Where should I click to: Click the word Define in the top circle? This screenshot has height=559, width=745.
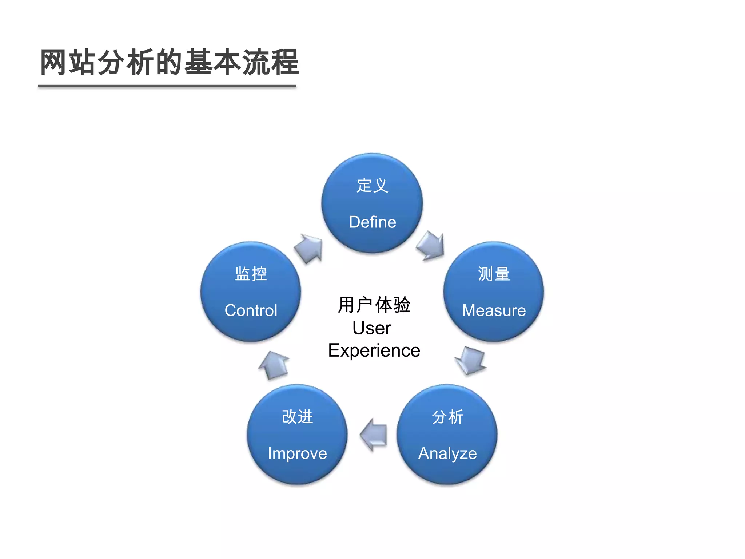coord(372,222)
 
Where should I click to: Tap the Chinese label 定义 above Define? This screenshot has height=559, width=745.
coord(372,186)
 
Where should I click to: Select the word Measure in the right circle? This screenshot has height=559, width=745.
coord(494,310)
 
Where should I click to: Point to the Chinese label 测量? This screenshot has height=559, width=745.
coord(494,274)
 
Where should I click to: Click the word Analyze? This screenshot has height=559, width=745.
coord(447,453)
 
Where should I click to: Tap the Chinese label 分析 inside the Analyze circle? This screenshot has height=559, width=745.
coord(447,417)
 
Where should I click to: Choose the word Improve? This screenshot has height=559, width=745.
coord(297,453)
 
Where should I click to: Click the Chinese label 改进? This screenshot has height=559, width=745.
coord(297,417)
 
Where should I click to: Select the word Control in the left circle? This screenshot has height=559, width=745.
coord(251,310)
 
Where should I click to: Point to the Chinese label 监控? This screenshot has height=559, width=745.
coord(251,274)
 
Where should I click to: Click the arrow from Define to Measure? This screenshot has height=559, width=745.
coord(431,246)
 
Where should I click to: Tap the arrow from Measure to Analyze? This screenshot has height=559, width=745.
coord(471,360)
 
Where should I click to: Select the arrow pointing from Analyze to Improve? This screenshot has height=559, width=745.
coord(374,435)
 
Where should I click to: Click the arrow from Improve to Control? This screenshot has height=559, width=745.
coord(274,365)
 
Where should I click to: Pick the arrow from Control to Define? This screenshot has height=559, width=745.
coord(309,248)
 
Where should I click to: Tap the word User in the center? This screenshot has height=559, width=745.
coord(372,328)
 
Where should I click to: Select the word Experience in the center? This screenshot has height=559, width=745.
coord(374,350)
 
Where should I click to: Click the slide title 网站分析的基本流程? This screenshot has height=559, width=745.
coord(169,63)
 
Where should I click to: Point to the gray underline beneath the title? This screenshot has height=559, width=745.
coord(167,86)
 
